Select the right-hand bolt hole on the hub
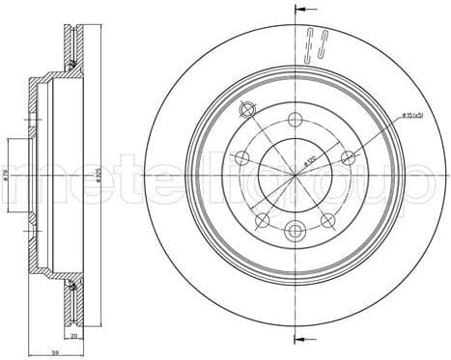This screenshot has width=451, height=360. [x=346, y=157]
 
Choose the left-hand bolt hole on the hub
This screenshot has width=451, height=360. [x=240, y=157]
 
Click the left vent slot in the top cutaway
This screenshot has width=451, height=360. [x=310, y=42]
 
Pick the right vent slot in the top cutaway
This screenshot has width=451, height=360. [x=322, y=42]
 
